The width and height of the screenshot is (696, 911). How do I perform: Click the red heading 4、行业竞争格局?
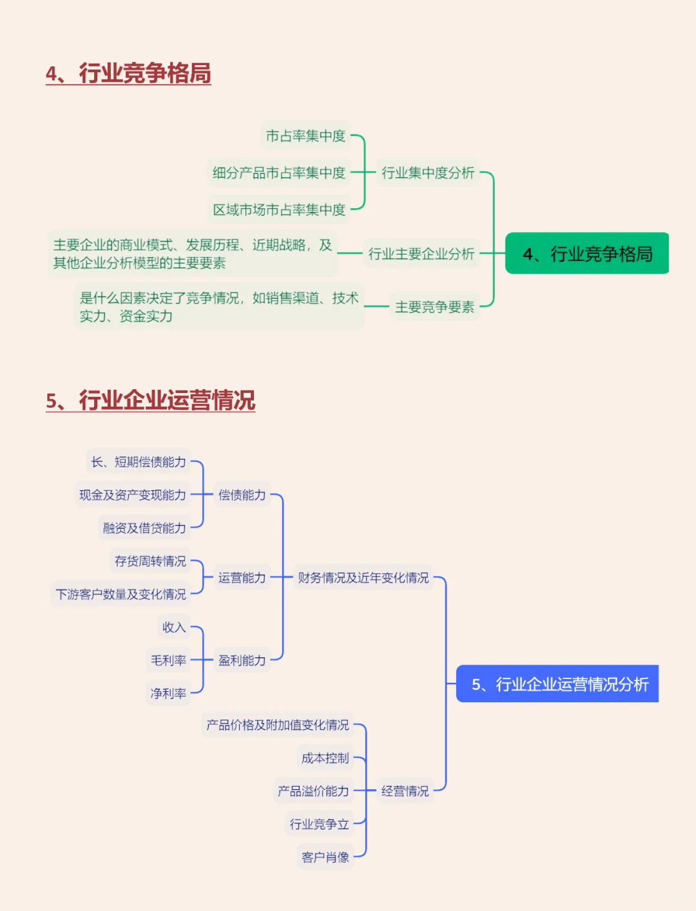click(128, 73)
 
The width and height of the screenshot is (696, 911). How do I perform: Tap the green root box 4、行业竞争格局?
click(587, 254)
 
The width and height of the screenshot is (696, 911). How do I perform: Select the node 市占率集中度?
click(305, 136)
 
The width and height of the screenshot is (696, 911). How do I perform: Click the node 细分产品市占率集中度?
click(279, 173)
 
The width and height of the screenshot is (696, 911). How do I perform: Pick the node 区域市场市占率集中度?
click(279, 209)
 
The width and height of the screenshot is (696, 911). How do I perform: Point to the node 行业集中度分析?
click(428, 173)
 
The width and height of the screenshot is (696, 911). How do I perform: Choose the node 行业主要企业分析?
click(421, 254)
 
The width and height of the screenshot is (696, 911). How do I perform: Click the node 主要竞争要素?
click(435, 307)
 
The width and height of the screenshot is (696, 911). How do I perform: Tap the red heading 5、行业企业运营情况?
click(151, 401)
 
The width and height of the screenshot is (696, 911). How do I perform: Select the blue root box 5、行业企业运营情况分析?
click(558, 684)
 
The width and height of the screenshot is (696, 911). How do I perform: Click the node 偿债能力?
click(242, 495)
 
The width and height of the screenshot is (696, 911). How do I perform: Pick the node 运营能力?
click(242, 578)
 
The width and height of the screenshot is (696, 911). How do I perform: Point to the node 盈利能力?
click(242, 660)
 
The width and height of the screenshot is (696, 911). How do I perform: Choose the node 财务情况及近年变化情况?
click(363, 578)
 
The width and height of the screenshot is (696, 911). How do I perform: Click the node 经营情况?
click(405, 791)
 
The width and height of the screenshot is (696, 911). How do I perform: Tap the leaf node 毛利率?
click(168, 660)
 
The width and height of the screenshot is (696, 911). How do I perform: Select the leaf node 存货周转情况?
click(150, 561)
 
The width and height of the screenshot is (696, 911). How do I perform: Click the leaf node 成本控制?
click(325, 758)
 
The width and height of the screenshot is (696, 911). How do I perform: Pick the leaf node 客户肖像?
click(325, 858)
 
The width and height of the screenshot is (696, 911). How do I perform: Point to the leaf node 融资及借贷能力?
click(144, 528)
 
